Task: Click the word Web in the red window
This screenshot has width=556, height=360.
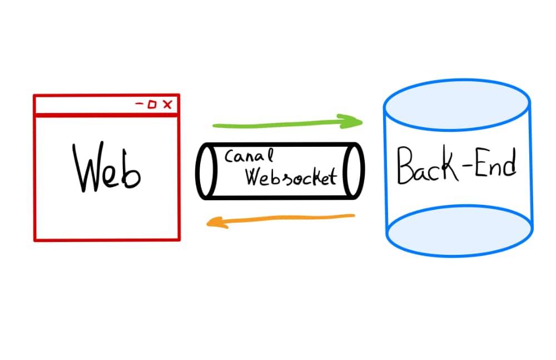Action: point(106,167)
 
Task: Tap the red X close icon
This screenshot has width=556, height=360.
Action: point(167,105)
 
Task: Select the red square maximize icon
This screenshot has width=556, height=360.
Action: point(152,105)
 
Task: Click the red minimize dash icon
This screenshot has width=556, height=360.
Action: point(140,104)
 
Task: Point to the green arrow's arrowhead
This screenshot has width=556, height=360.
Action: point(351,121)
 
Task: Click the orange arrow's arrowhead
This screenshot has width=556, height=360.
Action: point(217,223)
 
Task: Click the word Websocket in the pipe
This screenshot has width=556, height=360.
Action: point(291,176)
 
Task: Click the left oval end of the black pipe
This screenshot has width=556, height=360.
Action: point(206,171)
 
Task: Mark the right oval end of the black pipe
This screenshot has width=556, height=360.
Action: point(354,171)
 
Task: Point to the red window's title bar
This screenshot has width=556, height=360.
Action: point(106,105)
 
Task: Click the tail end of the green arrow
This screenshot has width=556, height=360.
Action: point(214,125)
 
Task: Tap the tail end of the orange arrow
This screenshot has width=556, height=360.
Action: point(354,215)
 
